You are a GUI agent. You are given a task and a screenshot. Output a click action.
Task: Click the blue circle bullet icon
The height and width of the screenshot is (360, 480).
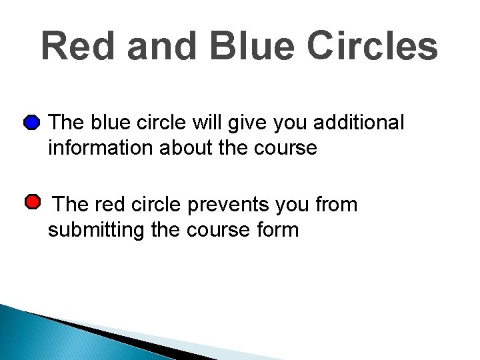pos(31,123)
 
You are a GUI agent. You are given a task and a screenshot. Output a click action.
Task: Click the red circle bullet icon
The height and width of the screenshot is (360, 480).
pos(31,202)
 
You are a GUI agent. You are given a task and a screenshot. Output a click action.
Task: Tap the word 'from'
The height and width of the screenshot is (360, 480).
pos(337,205)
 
